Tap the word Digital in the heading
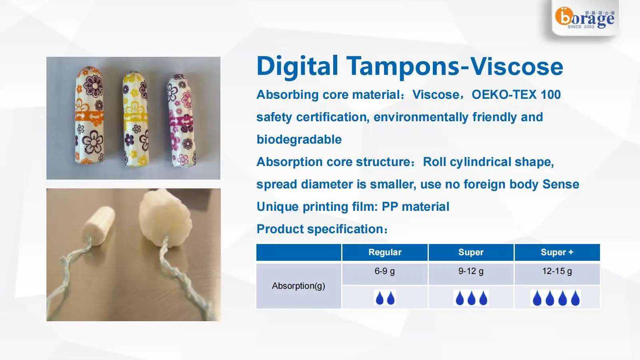pos(297,66)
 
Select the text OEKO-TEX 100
pos(516,95)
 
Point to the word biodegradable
pos(299,140)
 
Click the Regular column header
pos(384,252)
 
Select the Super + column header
pos(557,252)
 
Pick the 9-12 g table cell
pos(471,271)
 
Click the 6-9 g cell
pos(384,271)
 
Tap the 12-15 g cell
pos(557,271)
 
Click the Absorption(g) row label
pos(298,286)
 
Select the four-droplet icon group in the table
pos(556,298)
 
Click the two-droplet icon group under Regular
pos(385,298)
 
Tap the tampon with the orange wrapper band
pos(89,116)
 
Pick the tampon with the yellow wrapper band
pos(135,119)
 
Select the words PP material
pos(415,207)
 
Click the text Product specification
pos(321,229)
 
